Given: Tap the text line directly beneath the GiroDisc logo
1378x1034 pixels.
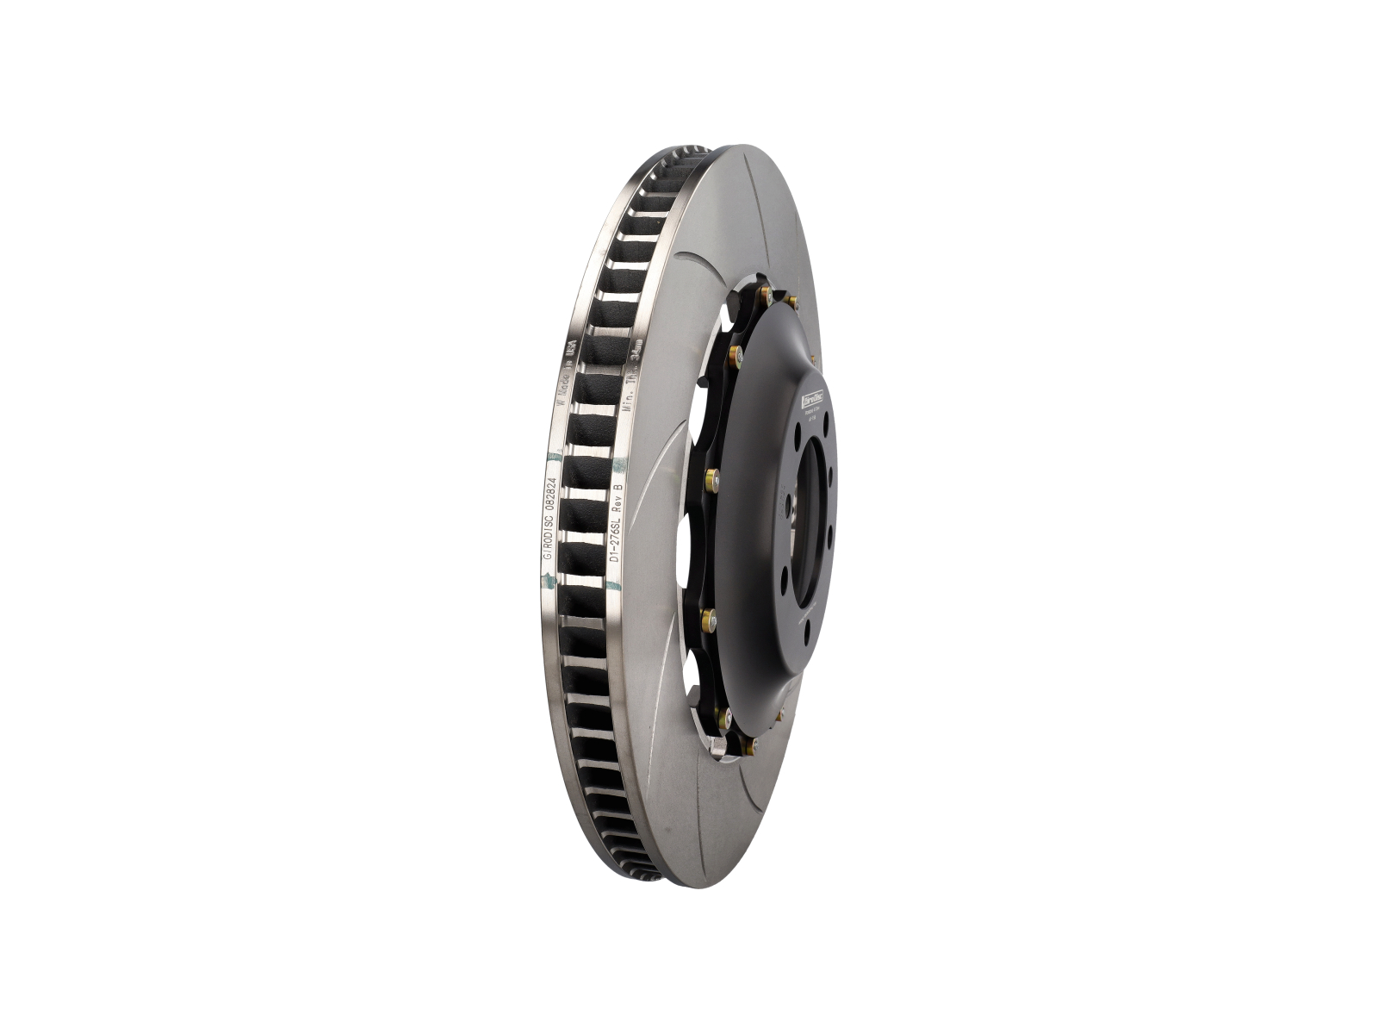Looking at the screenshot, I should pyautogui.click(x=811, y=412).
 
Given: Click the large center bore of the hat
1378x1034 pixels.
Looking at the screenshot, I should pyautogui.click(x=810, y=526).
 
